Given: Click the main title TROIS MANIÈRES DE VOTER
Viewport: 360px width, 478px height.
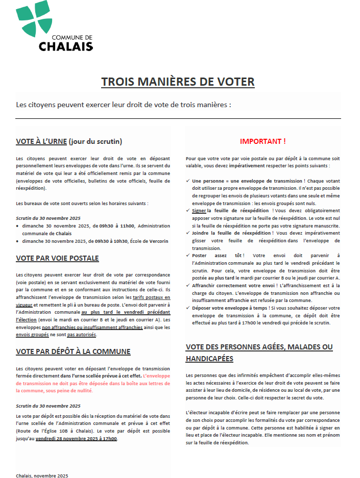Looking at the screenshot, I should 178,82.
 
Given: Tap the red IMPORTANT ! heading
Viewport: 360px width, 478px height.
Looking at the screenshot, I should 262,141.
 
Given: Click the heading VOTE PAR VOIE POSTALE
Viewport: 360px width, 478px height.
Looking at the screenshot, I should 57,258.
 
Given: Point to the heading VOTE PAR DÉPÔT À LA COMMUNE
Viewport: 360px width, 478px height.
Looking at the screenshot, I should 73,351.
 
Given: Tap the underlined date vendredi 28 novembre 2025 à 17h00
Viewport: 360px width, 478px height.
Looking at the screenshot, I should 76,438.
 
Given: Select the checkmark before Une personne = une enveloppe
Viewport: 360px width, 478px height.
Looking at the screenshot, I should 188,181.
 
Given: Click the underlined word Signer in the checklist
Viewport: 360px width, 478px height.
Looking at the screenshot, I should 199,210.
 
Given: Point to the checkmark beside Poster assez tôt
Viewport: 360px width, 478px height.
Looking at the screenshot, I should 188,255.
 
